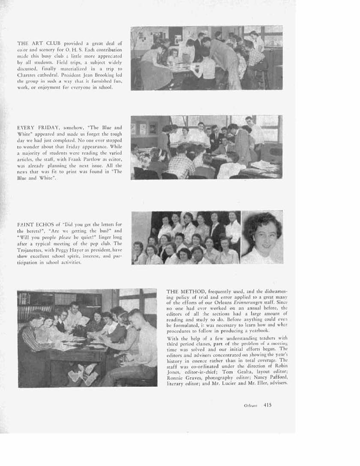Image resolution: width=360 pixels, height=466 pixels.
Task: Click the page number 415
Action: [x=268, y=404]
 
